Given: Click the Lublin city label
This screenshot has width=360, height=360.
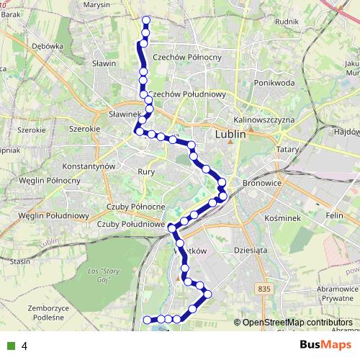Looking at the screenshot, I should point(230,134).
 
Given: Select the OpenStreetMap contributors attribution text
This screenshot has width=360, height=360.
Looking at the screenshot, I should point(297,323).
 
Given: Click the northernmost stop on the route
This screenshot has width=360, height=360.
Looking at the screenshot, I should point(146,20).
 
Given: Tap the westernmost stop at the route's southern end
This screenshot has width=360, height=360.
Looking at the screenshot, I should point(147,320).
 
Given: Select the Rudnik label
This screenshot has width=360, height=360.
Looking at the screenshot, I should point(287,21).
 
